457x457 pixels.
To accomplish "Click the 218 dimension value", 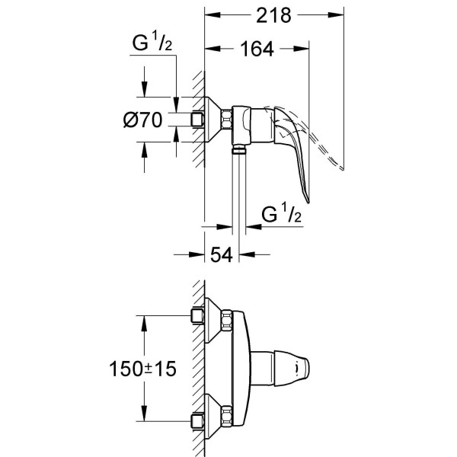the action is (273, 15).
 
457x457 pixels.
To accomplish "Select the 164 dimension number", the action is (257, 49).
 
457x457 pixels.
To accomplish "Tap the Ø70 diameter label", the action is (142, 120).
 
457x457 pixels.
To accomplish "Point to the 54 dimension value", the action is (222, 254).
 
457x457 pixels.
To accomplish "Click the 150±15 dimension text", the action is (142, 369).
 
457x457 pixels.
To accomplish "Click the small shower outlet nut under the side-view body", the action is (239, 151).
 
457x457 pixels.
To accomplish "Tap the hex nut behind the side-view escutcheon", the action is (226, 120).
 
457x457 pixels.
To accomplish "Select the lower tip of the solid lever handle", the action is (308, 201).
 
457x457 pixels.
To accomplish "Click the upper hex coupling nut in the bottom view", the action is (226, 321).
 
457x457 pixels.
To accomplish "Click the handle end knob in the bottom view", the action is (292, 369).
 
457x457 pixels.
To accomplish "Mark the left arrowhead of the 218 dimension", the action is (212, 15).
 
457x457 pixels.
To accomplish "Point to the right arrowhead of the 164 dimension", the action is (302, 49).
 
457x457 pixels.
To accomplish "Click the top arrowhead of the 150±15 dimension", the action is (144, 323).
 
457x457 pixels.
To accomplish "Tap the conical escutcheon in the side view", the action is (213, 120).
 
